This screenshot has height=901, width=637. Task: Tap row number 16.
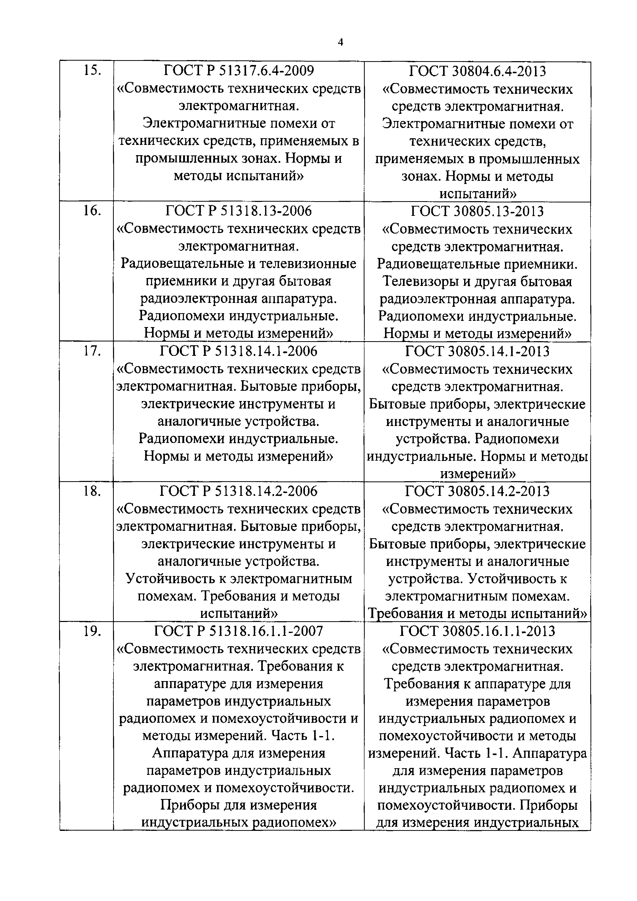[92, 211]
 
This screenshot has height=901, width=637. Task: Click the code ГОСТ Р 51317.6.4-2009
[238, 71]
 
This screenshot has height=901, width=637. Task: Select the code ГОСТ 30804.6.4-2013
[477, 71]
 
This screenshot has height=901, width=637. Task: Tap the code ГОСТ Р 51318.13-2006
[238, 211]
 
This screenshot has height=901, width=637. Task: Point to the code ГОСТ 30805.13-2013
[477, 211]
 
